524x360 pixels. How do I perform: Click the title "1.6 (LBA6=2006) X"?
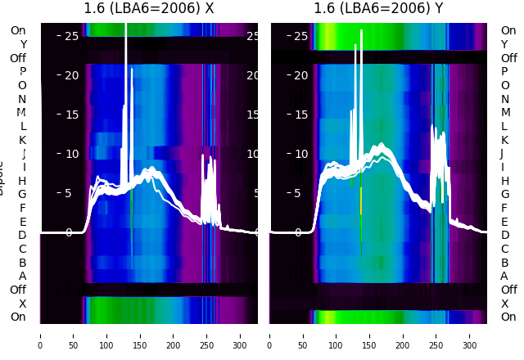tap(149, 9)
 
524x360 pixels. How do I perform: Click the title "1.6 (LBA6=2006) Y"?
tap(379, 9)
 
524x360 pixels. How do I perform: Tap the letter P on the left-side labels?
tap(22, 71)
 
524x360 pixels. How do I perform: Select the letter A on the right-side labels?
tap(504, 277)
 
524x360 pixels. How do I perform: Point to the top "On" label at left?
tap(17, 30)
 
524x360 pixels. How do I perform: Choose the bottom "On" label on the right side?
tap(508, 317)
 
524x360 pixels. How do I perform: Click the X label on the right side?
tap(504, 304)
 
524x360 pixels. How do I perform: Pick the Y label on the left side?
tap(23, 44)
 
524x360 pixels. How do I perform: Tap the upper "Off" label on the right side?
tap(508, 58)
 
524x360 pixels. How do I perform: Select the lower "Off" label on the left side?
tap(17, 290)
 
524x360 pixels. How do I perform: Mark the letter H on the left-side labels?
tap(22, 181)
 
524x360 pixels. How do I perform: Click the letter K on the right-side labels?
tap(504, 140)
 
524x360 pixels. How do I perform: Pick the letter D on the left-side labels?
tap(22, 236)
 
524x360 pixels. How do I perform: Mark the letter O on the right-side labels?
tap(504, 85)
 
